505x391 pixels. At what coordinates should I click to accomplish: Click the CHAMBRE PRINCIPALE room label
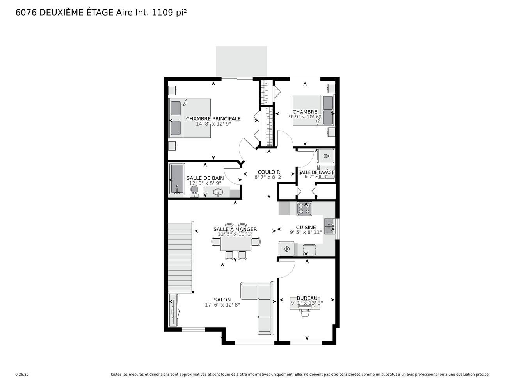click(x=213, y=119)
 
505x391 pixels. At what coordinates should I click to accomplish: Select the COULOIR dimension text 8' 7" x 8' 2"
click(x=269, y=177)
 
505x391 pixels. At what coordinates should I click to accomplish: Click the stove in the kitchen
click(x=304, y=209)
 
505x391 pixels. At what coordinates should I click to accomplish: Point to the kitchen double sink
click(x=329, y=226)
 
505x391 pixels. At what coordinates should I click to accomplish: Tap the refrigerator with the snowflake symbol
click(x=286, y=249)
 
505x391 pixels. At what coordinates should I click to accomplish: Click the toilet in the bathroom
click(x=194, y=191)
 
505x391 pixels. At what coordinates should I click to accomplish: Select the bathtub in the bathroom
click(x=177, y=179)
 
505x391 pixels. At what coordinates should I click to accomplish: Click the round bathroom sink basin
click(x=218, y=192)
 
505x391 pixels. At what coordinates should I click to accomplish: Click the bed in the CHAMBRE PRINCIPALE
click(x=190, y=118)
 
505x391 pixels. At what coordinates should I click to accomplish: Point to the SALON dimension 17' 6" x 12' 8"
click(x=222, y=305)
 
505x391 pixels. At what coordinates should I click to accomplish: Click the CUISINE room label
click(x=306, y=227)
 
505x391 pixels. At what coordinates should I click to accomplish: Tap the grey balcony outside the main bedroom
click(x=242, y=61)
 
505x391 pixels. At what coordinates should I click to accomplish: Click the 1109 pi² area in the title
click(x=169, y=13)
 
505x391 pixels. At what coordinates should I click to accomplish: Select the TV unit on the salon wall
click(x=173, y=311)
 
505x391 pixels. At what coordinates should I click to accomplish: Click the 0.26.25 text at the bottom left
click(x=22, y=375)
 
